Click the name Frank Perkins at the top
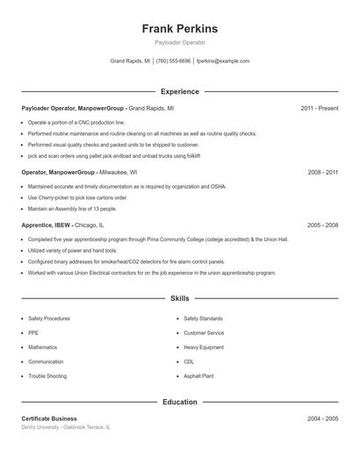coord(179,29)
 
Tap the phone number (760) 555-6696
coord(174,61)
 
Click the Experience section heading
coord(179,91)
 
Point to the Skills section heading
coord(179,299)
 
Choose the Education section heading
coord(179,402)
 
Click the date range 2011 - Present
coord(319,108)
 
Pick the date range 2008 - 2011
coord(322,173)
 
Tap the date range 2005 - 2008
coord(322,225)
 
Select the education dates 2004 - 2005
coord(322,418)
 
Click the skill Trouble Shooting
coord(47,376)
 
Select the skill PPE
coord(33,333)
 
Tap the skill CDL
coord(189,361)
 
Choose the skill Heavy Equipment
coord(204,347)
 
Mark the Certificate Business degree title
coord(49,418)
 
